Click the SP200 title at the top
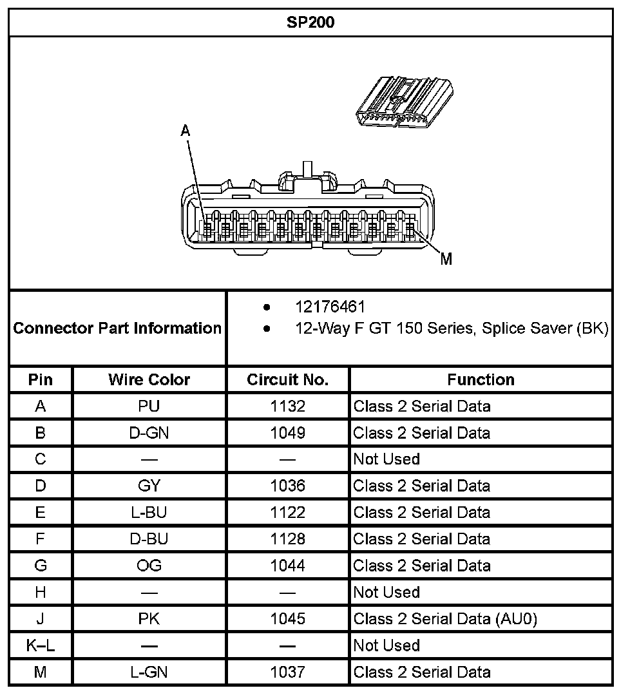point(310,23)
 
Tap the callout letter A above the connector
point(186,131)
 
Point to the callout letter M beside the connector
point(446,259)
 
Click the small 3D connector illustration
point(405,101)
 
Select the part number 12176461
point(330,307)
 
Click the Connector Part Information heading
point(117,328)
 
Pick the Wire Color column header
point(149,379)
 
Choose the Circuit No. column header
point(287,379)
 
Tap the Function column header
point(481,379)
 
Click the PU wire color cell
point(149,406)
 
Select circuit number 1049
point(287,433)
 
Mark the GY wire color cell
point(149,486)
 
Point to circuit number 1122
point(287,512)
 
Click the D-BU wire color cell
point(149,539)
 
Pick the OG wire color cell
point(149,566)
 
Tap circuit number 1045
point(287,619)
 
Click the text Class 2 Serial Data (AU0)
point(445,619)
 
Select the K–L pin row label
point(41,645)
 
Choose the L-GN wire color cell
point(149,672)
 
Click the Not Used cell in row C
point(386,459)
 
